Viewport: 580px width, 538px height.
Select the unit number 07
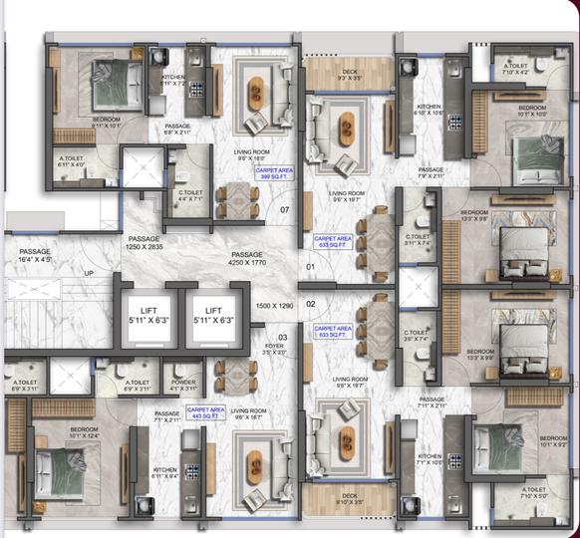[284, 210]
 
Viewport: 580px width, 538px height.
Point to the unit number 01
[310, 267]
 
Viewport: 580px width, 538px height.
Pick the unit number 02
[310, 303]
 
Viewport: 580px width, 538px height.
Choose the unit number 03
[282, 338]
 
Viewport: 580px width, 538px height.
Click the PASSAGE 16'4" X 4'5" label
[35, 255]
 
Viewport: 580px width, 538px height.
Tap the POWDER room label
[183, 385]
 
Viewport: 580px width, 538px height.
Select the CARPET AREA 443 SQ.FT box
[205, 411]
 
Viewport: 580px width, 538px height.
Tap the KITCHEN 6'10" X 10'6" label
[429, 110]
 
